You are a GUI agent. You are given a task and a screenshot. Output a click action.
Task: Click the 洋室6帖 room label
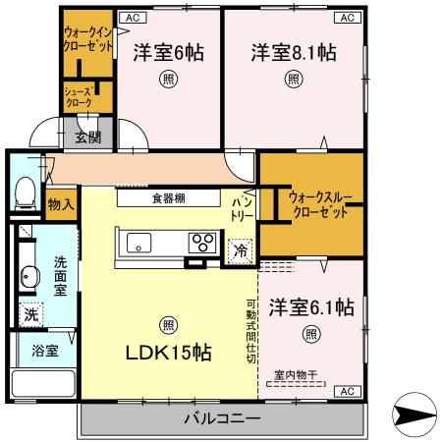[x=168, y=52]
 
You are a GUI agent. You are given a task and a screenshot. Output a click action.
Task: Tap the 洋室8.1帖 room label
[x=293, y=52]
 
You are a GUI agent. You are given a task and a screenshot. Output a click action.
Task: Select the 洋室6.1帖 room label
[x=310, y=306]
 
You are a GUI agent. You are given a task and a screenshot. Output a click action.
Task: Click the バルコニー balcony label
[x=222, y=419]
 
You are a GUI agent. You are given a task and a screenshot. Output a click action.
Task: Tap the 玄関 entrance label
[x=86, y=137]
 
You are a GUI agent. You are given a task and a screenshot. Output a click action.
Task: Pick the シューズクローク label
[x=80, y=96]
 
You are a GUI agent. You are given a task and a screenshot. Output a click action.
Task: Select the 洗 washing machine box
[x=30, y=316]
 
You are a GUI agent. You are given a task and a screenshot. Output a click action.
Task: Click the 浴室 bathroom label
[x=43, y=349]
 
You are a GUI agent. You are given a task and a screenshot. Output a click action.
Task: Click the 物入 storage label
[x=60, y=204]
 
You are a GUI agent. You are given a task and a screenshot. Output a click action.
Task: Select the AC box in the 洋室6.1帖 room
[x=348, y=392]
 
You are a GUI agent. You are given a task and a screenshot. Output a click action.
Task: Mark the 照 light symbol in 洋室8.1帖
[x=294, y=80]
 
